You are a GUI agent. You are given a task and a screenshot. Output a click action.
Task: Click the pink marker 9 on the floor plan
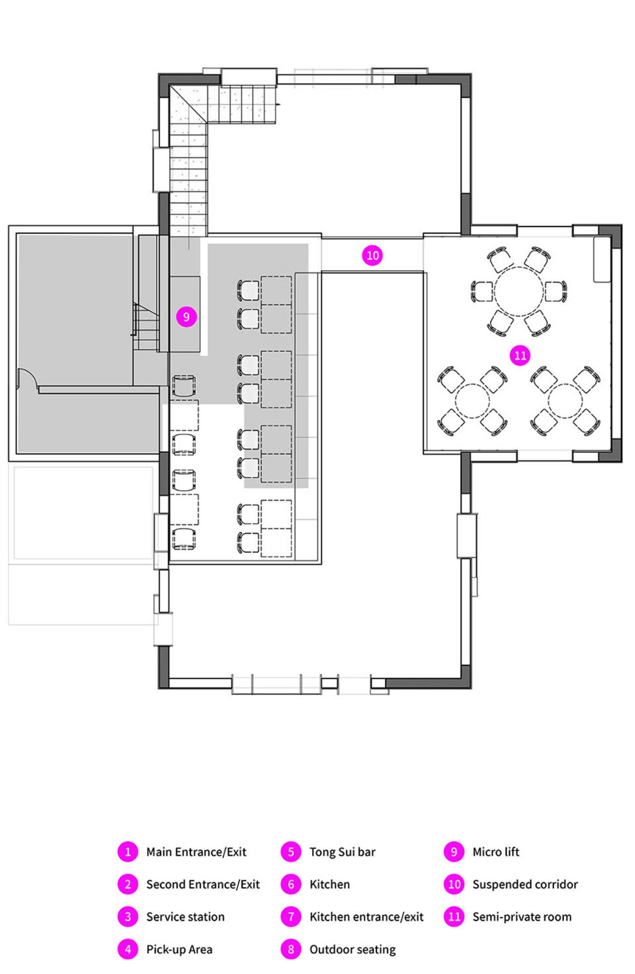(186, 317)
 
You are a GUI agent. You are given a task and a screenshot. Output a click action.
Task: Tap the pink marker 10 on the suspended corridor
(372, 255)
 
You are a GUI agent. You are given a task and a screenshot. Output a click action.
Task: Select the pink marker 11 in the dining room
(520, 356)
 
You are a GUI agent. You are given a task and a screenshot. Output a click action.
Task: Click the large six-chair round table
(518, 292)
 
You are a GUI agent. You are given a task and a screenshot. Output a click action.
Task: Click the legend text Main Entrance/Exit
(196, 852)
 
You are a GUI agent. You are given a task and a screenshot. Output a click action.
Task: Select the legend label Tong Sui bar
(342, 852)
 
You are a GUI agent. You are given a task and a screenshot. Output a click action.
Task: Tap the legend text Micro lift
(496, 852)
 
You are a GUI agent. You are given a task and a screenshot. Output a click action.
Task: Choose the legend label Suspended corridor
(525, 884)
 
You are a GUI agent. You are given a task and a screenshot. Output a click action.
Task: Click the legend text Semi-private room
(522, 917)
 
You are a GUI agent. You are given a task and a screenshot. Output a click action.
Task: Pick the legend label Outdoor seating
(352, 949)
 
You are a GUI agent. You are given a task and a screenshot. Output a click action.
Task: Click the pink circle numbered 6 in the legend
(291, 884)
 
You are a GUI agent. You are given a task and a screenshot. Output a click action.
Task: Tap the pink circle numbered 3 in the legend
(128, 917)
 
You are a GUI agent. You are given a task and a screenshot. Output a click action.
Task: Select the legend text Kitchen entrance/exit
(366, 917)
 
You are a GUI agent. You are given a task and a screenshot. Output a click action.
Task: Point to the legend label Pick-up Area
(179, 949)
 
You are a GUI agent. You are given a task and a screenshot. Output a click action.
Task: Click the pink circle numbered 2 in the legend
(128, 884)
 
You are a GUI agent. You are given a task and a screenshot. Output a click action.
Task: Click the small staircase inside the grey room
(145, 326)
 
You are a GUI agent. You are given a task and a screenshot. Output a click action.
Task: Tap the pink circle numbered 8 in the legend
(291, 949)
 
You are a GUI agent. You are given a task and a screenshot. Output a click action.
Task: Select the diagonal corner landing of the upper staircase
(188, 104)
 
